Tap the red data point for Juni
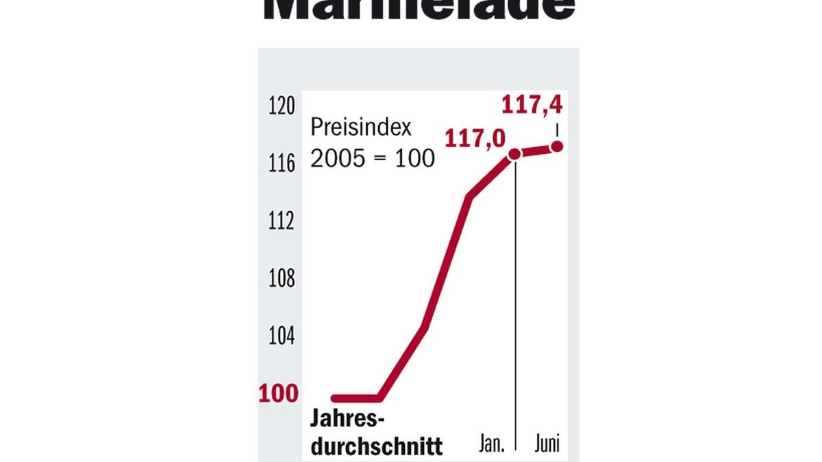(x=557, y=146)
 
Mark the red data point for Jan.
(x=514, y=155)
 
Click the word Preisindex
(x=356, y=128)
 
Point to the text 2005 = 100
(x=373, y=159)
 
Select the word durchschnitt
(x=377, y=446)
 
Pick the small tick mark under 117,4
(x=557, y=129)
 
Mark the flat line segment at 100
(x=356, y=398)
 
